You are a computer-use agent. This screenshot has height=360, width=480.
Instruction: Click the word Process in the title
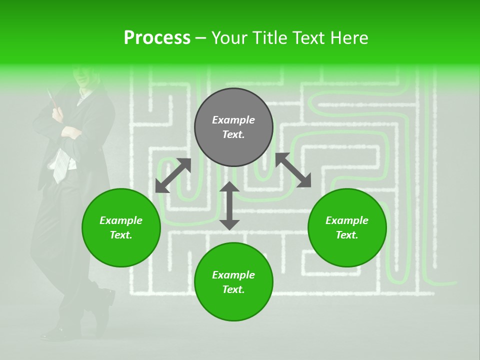point(157,38)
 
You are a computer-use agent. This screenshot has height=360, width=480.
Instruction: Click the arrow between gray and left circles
point(173,175)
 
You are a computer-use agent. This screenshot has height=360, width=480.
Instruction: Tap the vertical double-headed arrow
point(229,205)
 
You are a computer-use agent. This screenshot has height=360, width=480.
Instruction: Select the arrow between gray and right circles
point(293,170)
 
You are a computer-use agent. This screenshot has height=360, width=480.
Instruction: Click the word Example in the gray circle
point(233,120)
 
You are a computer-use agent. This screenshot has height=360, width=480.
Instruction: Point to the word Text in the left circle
point(120,235)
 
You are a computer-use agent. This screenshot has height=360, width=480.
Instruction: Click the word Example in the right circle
point(347,220)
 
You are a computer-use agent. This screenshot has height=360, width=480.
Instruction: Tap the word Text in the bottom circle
point(233,290)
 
